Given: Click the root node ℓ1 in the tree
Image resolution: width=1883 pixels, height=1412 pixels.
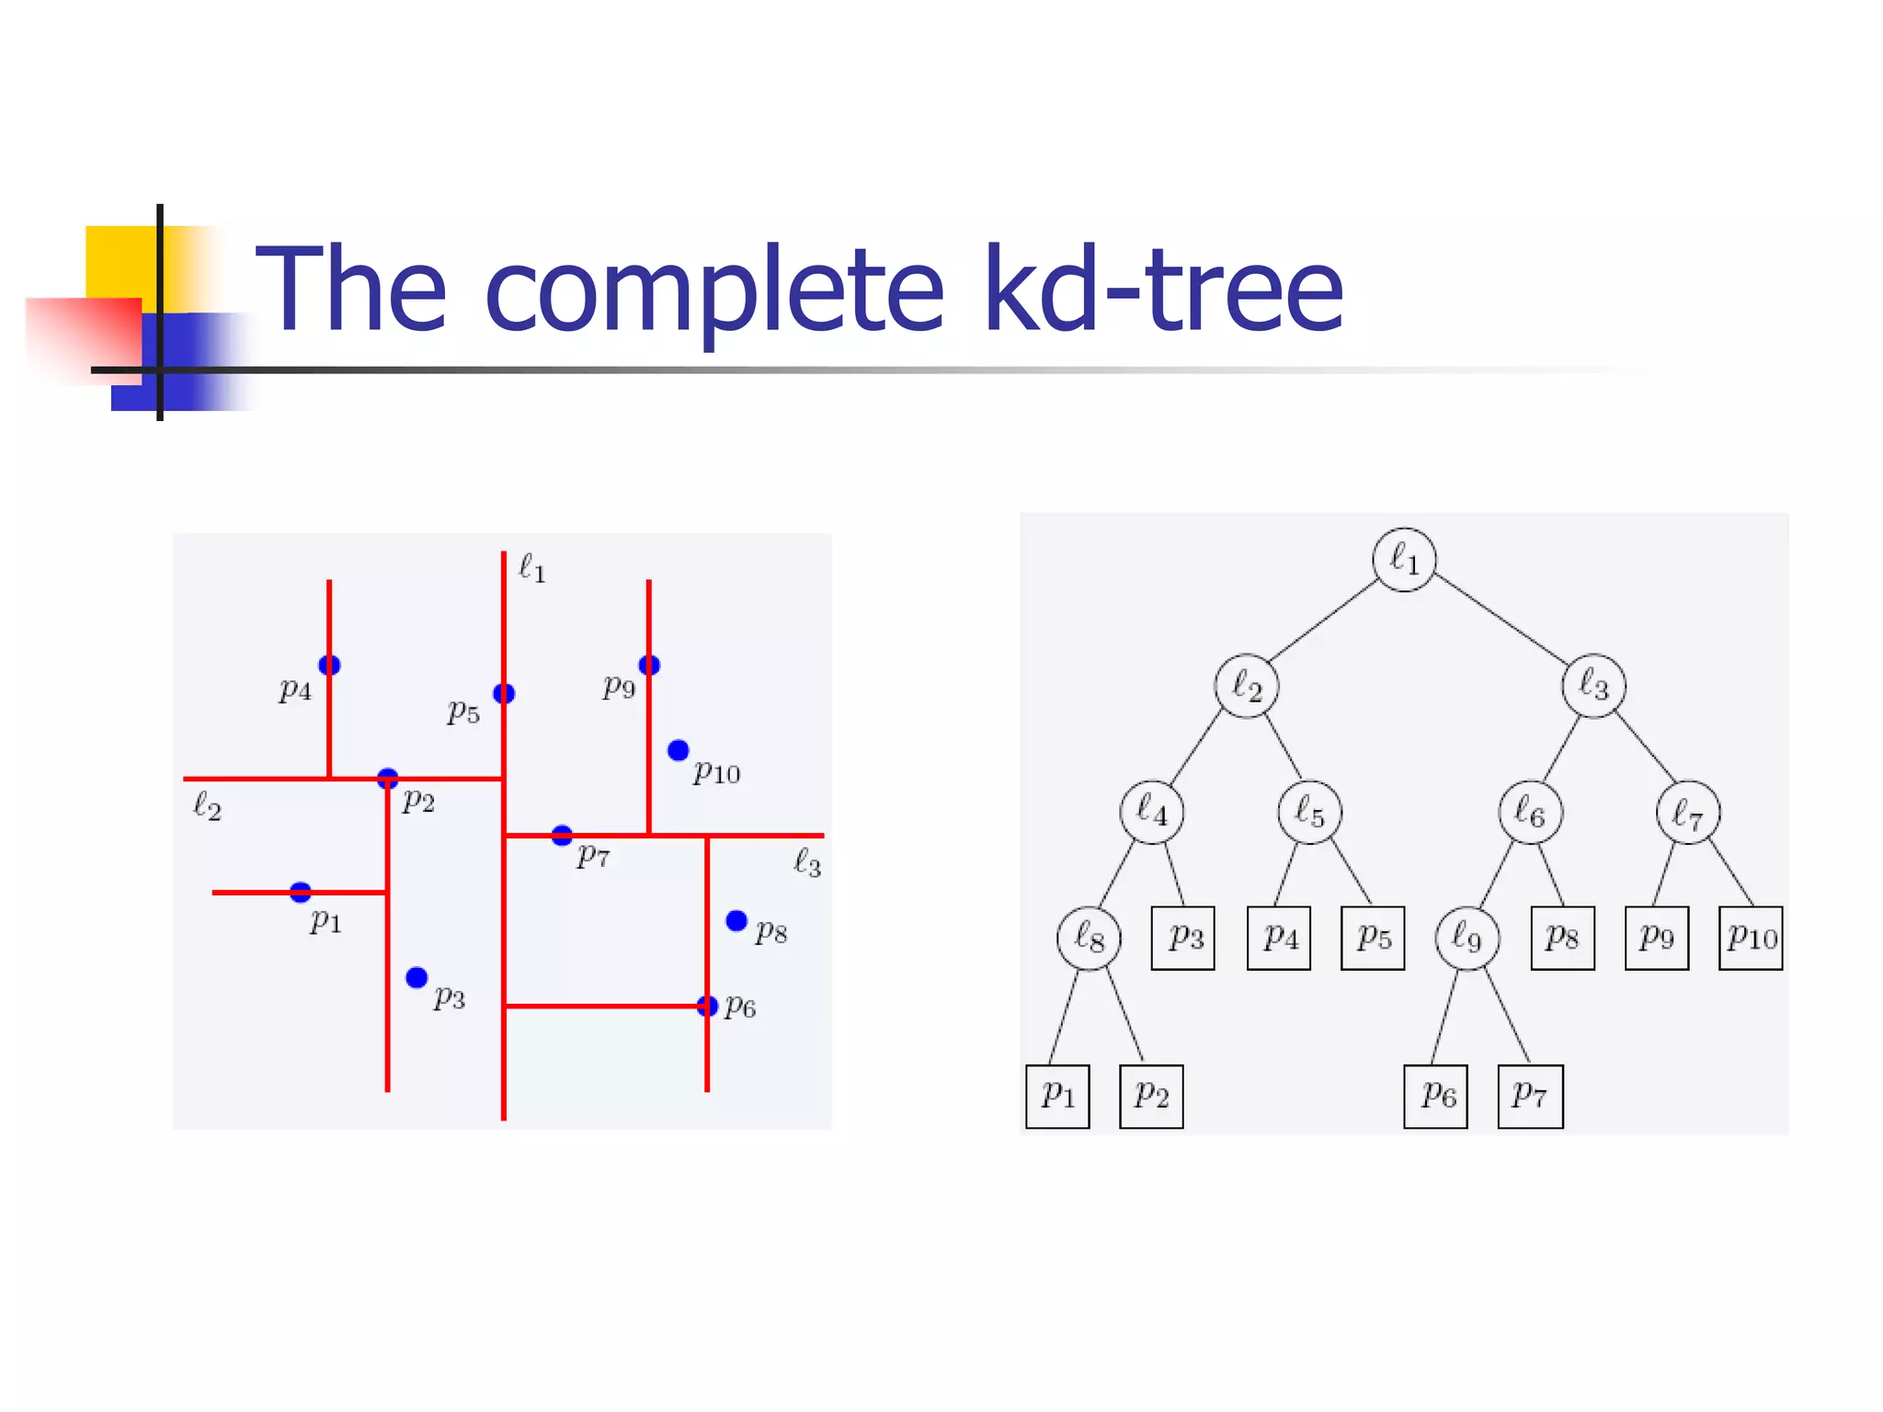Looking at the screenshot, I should tap(1404, 560).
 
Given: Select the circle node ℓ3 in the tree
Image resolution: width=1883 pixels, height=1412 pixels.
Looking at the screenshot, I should tap(1593, 686).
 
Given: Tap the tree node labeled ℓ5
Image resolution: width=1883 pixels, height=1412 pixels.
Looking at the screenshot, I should tap(1309, 812).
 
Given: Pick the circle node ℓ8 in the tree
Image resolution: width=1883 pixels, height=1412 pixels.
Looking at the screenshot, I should tap(1090, 938).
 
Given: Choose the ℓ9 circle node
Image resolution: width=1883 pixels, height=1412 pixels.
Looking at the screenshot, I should tap(1467, 938).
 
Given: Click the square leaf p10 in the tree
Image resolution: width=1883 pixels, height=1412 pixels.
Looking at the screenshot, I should tap(1751, 938).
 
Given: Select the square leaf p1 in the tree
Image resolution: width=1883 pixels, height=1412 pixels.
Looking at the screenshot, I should tap(1057, 1096).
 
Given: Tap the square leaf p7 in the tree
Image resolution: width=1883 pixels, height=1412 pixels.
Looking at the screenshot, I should tap(1530, 1096).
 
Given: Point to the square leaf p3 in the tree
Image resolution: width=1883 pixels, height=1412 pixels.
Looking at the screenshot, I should tap(1183, 938).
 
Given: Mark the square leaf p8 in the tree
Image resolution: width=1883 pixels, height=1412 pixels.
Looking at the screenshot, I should tap(1562, 938).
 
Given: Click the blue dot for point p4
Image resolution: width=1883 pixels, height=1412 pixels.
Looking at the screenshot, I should tap(329, 665).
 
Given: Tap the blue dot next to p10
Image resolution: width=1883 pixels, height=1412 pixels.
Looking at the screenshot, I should tap(679, 750).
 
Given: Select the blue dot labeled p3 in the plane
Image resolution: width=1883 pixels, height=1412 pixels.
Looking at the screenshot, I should tap(417, 977).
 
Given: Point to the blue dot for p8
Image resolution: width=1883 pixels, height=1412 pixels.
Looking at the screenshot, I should tap(736, 920).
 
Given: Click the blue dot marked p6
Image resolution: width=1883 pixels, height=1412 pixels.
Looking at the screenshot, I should tap(707, 1006).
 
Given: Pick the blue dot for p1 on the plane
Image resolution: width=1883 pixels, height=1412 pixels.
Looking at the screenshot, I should tap(301, 892).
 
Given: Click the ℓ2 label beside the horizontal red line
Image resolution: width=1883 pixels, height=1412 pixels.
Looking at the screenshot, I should tap(208, 806).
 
